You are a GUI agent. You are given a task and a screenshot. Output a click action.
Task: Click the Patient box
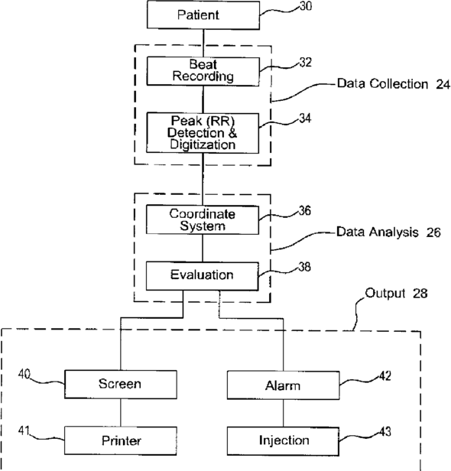(x=203, y=15)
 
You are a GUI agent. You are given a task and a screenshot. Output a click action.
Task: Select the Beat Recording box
(x=203, y=71)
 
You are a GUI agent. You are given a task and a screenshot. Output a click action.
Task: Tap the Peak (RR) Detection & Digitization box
(x=203, y=133)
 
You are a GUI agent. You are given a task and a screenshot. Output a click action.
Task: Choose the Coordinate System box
(x=203, y=220)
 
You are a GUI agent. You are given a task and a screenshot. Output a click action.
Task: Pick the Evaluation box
(x=202, y=276)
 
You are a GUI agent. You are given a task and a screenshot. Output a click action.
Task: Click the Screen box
(x=121, y=384)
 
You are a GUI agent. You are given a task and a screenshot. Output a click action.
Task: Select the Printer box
(x=121, y=440)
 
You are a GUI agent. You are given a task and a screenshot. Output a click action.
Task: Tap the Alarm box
(x=283, y=385)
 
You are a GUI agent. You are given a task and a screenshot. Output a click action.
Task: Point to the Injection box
(x=283, y=441)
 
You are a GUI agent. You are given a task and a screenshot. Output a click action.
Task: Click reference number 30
(x=306, y=6)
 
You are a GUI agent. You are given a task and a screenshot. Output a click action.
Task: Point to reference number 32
(x=305, y=62)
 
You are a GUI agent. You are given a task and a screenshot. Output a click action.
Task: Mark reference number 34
(x=305, y=118)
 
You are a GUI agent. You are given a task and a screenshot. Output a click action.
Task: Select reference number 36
(x=305, y=210)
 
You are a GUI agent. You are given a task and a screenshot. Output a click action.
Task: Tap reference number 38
(x=304, y=267)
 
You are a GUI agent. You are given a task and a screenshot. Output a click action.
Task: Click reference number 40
(x=24, y=374)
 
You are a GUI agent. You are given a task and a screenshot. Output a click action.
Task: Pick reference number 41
(x=24, y=430)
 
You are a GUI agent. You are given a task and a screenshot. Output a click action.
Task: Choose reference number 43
(x=385, y=432)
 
